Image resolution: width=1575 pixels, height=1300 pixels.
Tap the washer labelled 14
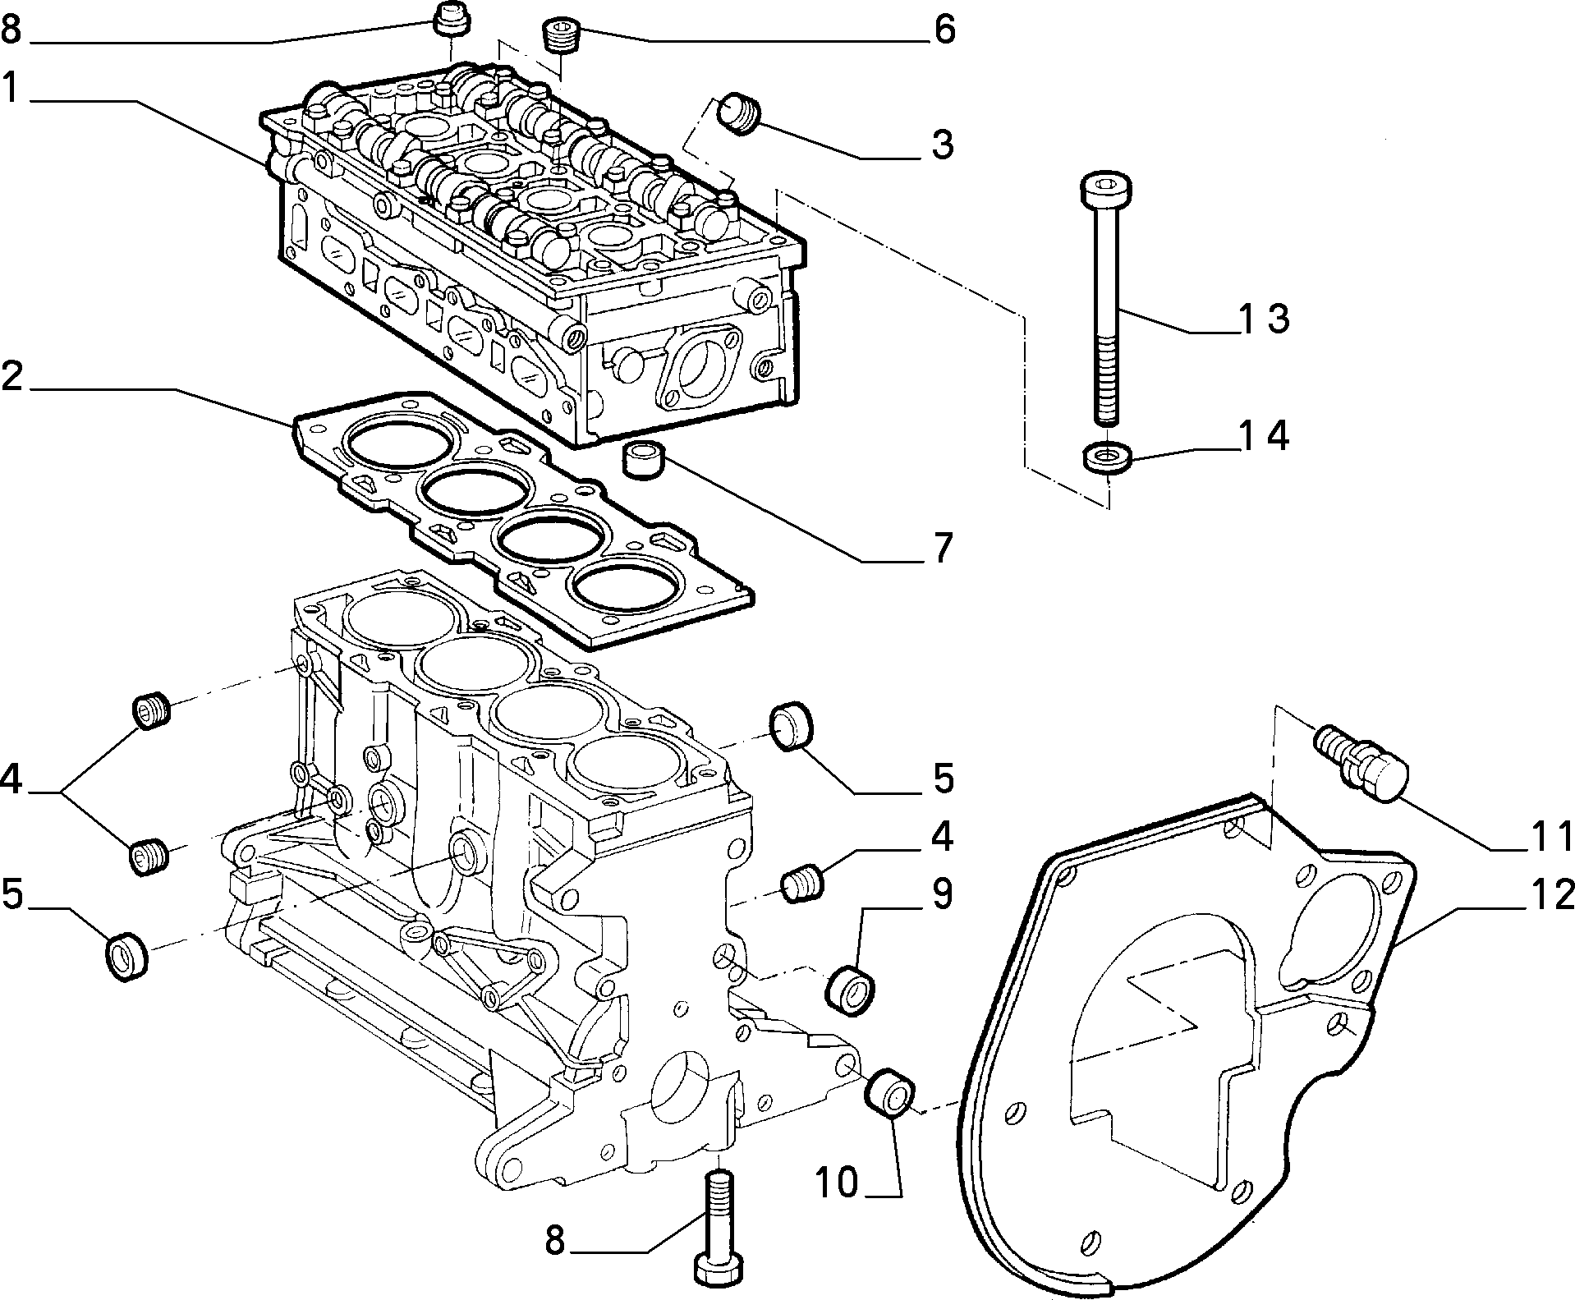tap(1108, 457)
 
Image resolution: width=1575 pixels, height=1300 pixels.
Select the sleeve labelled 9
tap(850, 991)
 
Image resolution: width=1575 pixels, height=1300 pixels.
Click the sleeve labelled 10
tap(891, 1092)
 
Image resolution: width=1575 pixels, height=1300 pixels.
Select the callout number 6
tap(944, 30)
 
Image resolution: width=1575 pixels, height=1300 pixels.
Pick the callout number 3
tap(943, 145)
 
